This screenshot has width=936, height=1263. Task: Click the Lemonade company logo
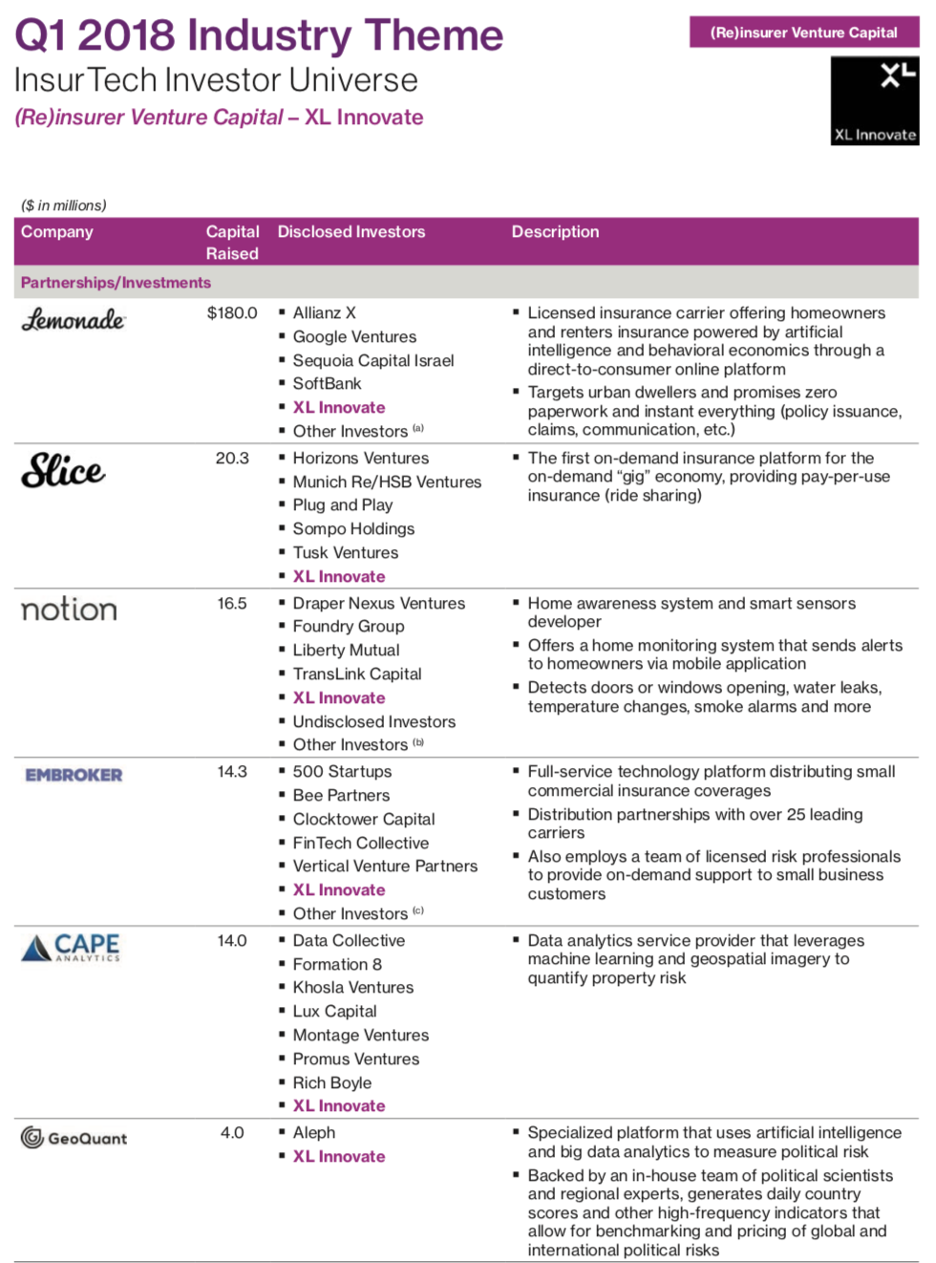[74, 319]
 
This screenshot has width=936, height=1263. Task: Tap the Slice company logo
[63, 470]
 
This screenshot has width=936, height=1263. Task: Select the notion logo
[69, 610]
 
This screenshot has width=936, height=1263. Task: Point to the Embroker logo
[74, 775]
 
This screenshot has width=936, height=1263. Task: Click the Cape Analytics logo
[72, 947]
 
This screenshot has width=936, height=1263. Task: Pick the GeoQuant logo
[74, 1138]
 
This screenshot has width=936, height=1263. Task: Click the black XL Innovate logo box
[874, 100]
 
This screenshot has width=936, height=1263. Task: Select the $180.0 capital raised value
[232, 312]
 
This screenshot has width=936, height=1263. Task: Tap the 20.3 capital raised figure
[232, 459]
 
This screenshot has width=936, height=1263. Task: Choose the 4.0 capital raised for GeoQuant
[232, 1133]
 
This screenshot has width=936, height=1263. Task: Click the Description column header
[555, 232]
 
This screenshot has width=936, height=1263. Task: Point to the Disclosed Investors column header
[351, 232]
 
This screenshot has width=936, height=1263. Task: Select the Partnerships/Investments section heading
[116, 283]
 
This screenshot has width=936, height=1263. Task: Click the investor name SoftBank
[327, 384]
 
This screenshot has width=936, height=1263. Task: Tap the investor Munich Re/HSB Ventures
[387, 482]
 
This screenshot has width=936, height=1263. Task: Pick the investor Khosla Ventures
[353, 988]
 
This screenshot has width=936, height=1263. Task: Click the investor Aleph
[314, 1133]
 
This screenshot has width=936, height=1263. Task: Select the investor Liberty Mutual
[346, 651]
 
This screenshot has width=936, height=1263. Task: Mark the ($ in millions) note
[64, 205]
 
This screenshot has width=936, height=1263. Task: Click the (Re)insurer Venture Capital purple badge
[803, 32]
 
